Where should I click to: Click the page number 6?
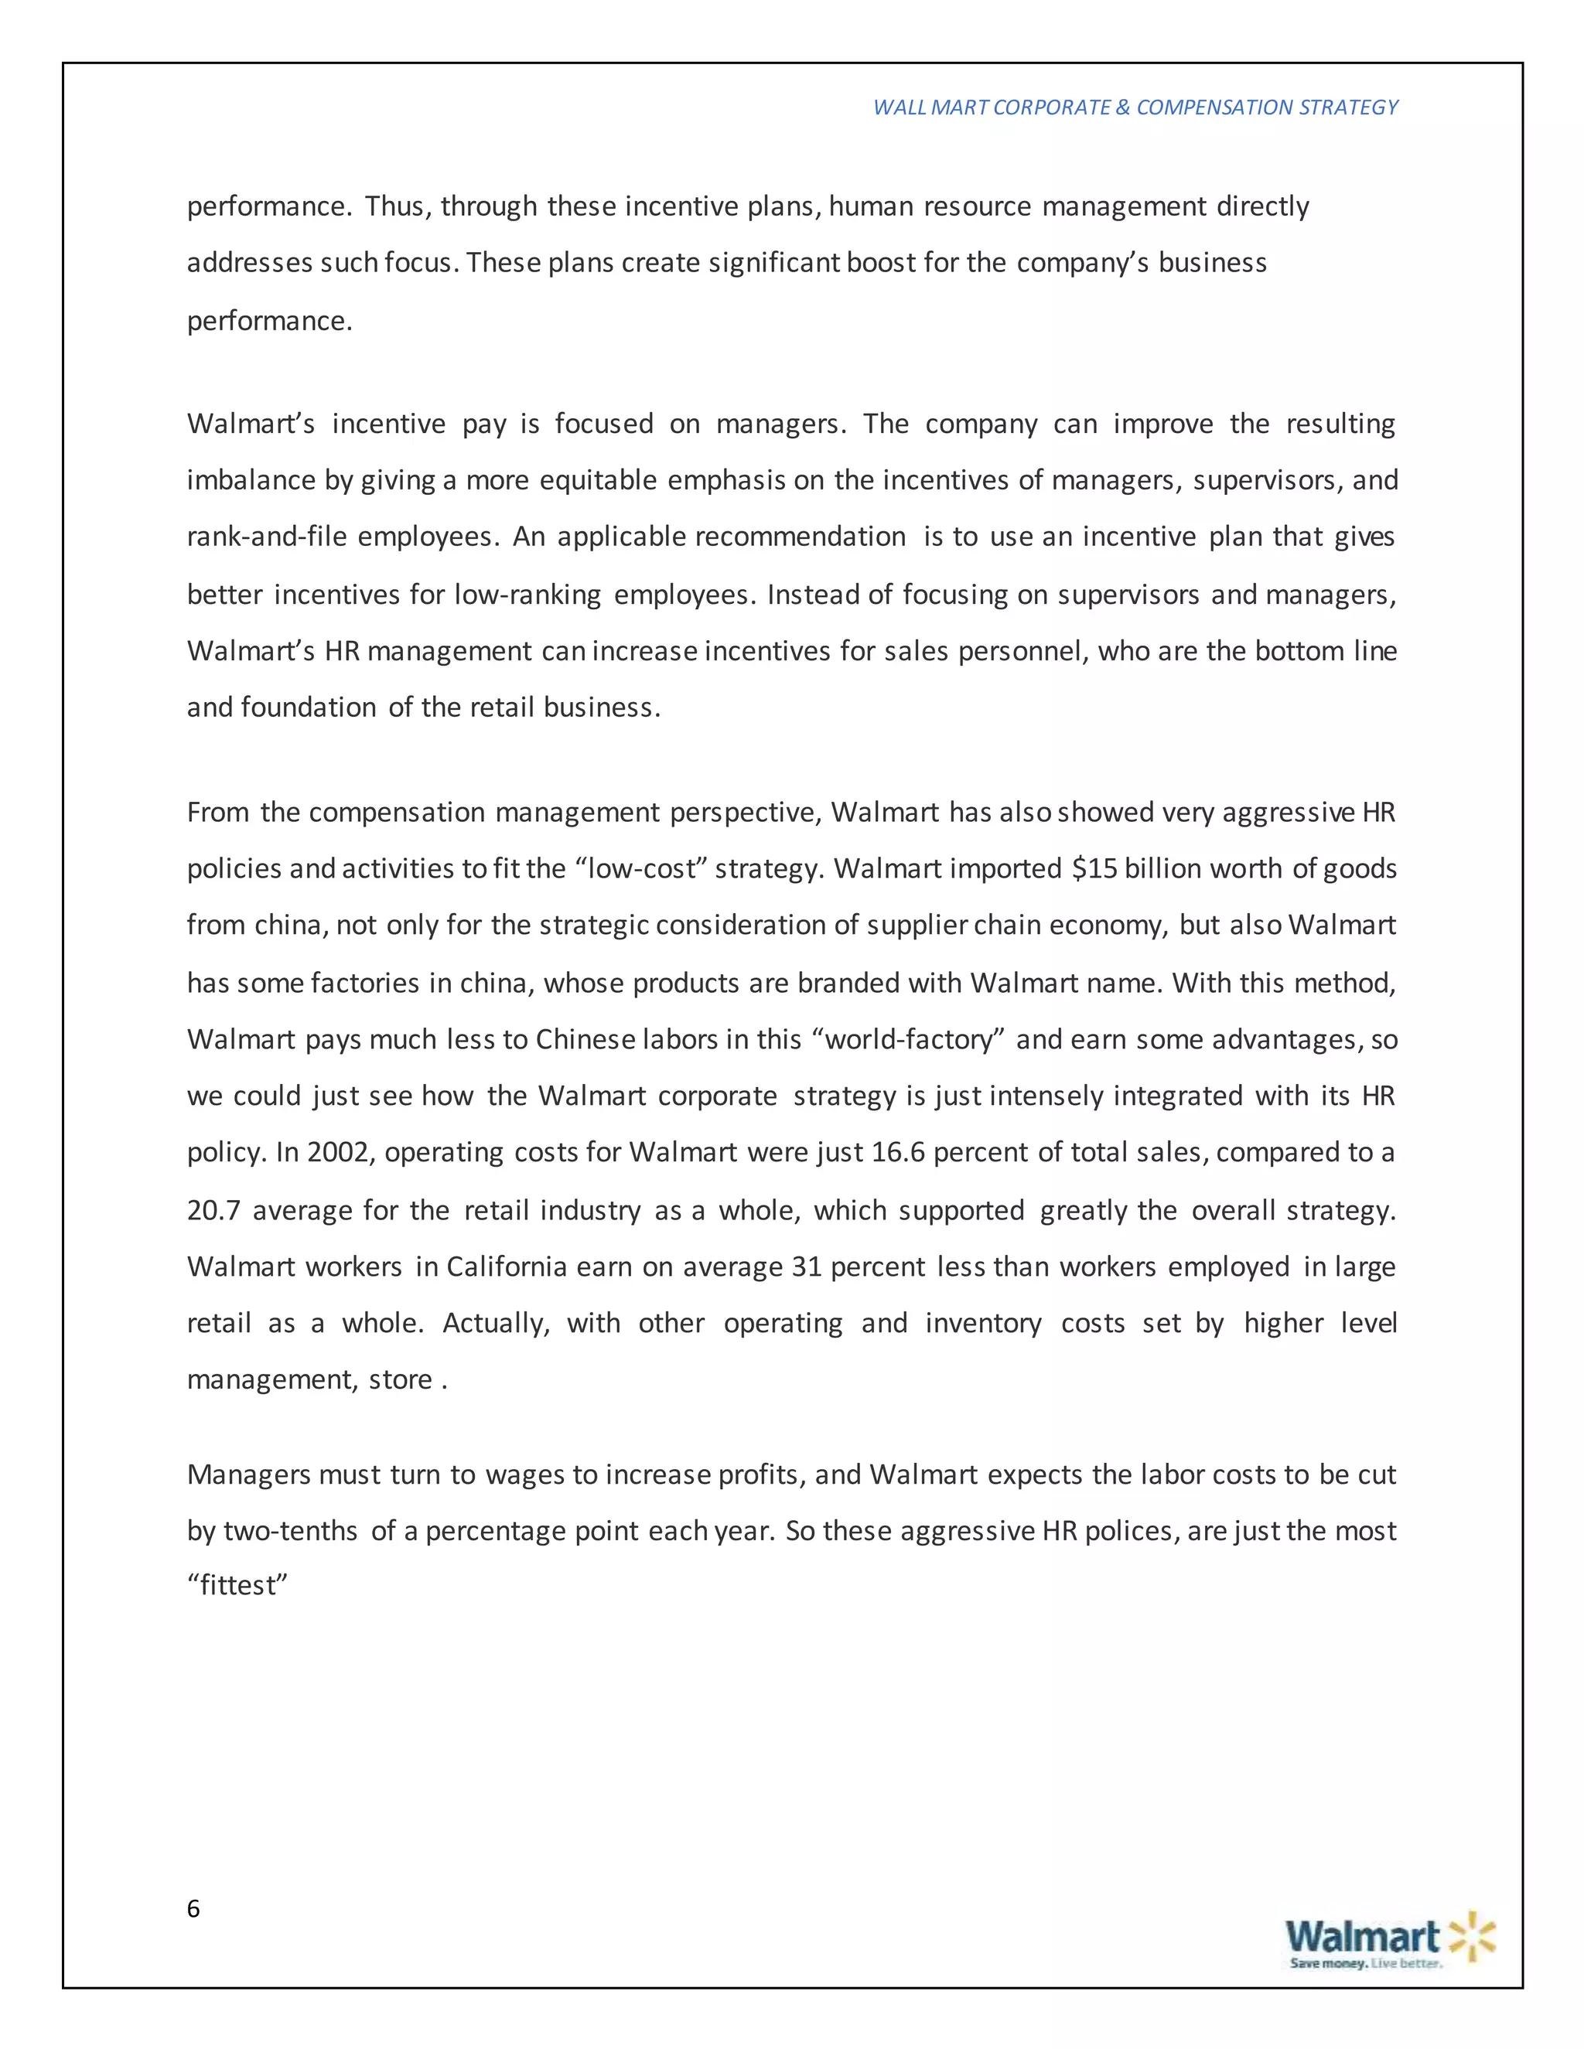193,1909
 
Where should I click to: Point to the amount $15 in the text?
1094,869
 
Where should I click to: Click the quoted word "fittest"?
237,1586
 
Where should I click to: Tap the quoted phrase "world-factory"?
907,1039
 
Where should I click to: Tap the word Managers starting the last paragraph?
249,1475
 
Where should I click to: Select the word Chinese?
586,1039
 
